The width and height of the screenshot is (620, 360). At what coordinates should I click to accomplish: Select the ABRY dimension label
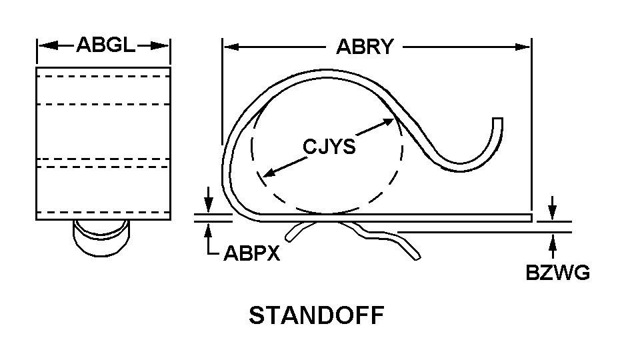click(x=365, y=47)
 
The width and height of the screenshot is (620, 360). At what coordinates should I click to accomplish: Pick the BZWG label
click(x=557, y=274)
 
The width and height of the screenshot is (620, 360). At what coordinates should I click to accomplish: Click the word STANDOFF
click(x=317, y=315)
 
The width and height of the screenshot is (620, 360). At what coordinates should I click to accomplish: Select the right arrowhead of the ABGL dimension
click(x=164, y=45)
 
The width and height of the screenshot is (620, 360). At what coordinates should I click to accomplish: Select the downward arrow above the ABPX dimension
click(x=210, y=206)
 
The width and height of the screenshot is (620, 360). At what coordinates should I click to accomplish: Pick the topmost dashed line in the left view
click(x=103, y=77)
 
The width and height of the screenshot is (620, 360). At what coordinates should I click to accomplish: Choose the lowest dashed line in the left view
click(x=103, y=212)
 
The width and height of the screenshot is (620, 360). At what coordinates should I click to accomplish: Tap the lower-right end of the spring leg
click(x=416, y=255)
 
